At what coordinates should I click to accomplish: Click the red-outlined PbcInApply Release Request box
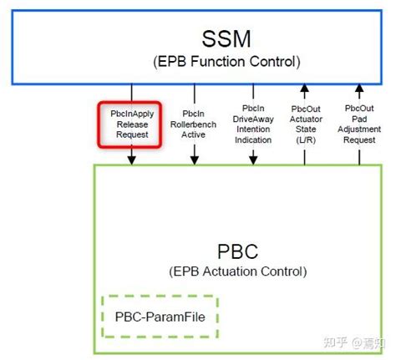coord(129,122)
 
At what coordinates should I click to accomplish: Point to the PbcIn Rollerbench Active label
coord(195,122)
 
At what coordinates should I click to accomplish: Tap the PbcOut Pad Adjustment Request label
coord(360,122)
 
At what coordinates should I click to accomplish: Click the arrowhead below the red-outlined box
coord(131,160)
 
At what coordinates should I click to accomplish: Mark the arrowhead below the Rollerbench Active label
coord(195,160)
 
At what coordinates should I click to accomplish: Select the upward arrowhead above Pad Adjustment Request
coord(359,88)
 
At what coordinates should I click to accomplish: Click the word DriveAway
coord(253,122)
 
